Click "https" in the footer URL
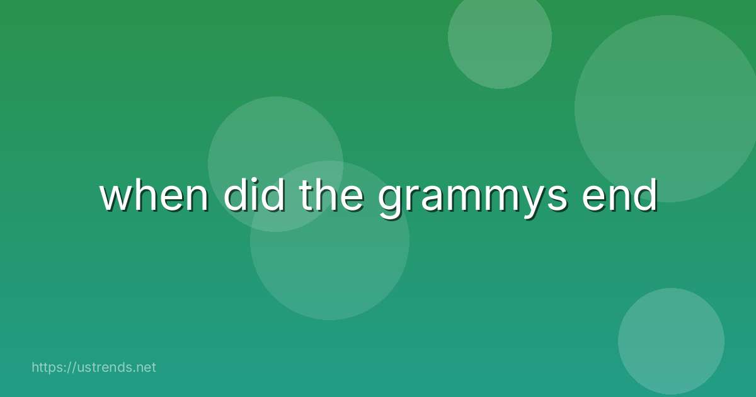(48, 367)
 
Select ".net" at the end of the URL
(144, 367)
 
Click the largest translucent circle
(668, 108)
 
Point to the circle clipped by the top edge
(500, 38)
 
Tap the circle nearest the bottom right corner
(671, 341)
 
